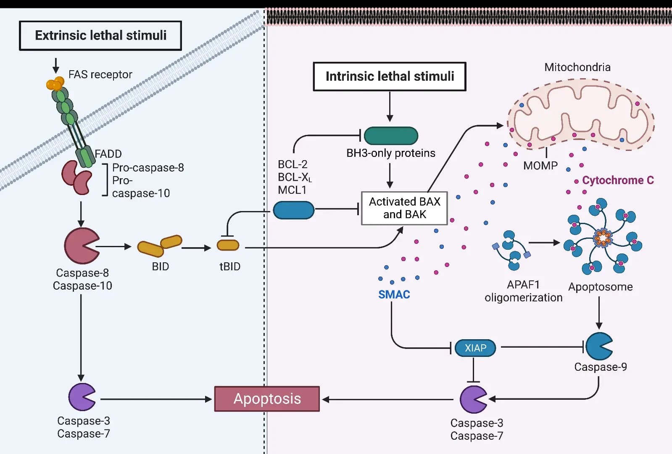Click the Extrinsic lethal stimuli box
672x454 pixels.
(100, 35)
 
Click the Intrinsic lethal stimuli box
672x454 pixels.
(390, 77)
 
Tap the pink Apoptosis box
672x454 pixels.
(267, 399)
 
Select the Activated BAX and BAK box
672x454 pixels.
(404, 208)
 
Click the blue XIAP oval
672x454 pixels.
(475, 348)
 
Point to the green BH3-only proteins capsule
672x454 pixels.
(391, 136)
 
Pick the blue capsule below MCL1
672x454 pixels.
(294, 210)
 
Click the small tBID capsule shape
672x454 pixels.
(228, 245)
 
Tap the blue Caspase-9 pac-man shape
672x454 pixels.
(599, 346)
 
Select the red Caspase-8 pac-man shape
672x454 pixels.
(81, 246)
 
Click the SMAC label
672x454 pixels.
(394, 294)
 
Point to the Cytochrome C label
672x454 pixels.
(618, 180)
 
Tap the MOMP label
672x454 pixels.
(540, 165)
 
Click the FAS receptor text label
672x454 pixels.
(100, 74)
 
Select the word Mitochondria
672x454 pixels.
(577, 67)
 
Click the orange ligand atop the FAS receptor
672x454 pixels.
(55, 83)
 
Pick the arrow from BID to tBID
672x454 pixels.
(197, 248)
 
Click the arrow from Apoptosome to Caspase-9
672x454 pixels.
(599, 313)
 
